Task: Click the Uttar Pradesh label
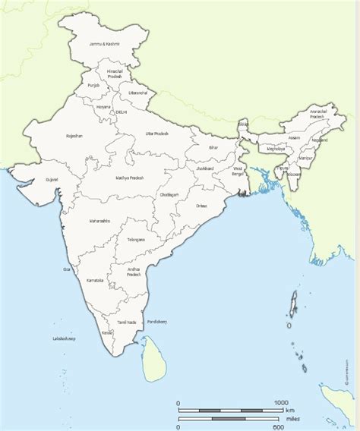pyautogui.click(x=158, y=133)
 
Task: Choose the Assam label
pyautogui.click(x=295, y=138)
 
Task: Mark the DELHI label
pyautogui.click(x=121, y=112)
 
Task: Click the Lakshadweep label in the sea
pyautogui.click(x=64, y=338)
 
